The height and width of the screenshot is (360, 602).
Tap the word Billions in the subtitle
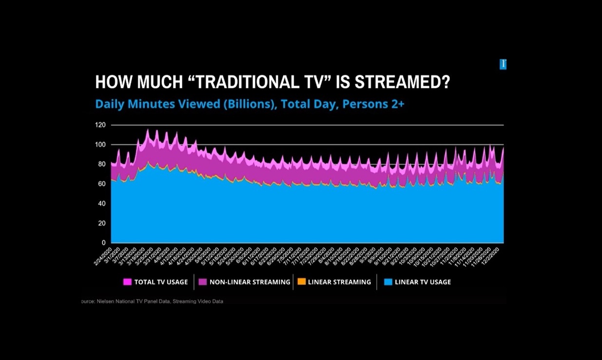click(250, 104)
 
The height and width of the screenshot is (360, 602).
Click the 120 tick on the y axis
click(100, 125)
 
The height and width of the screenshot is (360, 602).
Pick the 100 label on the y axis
click(100, 144)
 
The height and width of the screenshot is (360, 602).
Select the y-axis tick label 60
click(101, 184)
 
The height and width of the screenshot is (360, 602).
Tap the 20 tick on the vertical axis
click(101, 223)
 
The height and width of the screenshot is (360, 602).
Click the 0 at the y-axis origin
click(103, 242)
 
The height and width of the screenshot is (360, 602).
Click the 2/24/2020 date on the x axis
click(103, 256)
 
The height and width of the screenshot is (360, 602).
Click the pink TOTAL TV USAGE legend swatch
click(127, 282)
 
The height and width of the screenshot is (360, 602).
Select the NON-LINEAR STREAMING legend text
click(250, 282)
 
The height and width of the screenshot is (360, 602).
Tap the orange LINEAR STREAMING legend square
click(301, 282)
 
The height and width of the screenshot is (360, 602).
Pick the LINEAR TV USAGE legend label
click(423, 282)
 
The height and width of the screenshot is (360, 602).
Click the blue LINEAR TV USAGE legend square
click(388, 282)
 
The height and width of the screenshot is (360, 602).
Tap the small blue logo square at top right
click(503, 64)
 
